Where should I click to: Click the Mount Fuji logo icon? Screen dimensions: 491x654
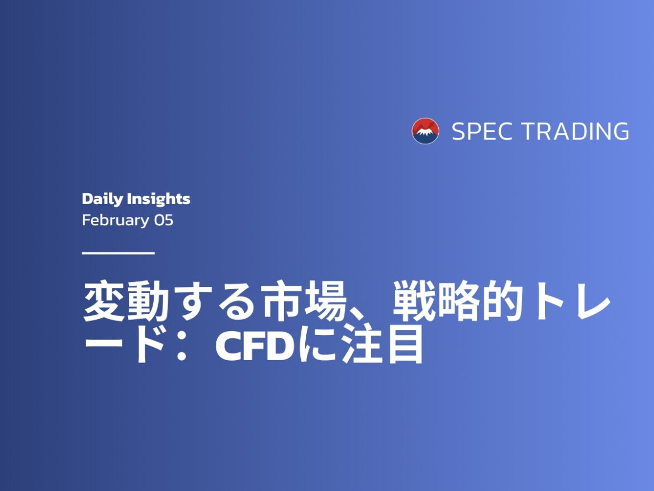[x=425, y=131]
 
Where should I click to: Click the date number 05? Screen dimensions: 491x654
[x=164, y=220]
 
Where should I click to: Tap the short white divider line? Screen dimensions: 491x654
[x=118, y=253]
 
